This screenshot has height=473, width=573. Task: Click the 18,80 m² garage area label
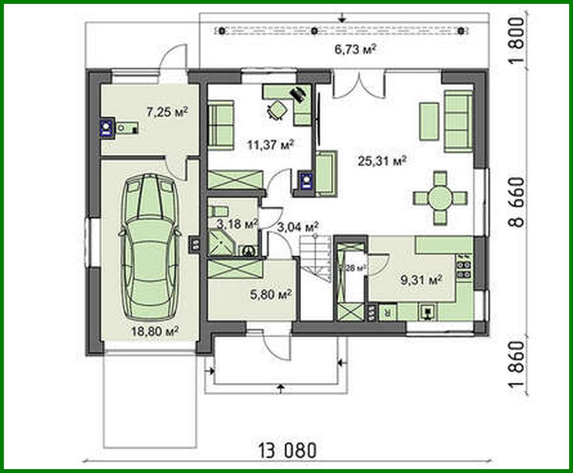click(x=155, y=332)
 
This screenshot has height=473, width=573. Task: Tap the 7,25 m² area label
click(x=167, y=113)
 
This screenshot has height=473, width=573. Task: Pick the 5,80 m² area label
click(x=271, y=295)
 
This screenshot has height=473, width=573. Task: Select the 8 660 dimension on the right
click(x=518, y=202)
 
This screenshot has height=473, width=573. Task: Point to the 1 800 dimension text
click(x=518, y=40)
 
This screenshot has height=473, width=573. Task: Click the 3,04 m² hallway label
click(x=297, y=227)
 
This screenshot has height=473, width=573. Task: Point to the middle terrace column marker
click(x=315, y=31)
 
